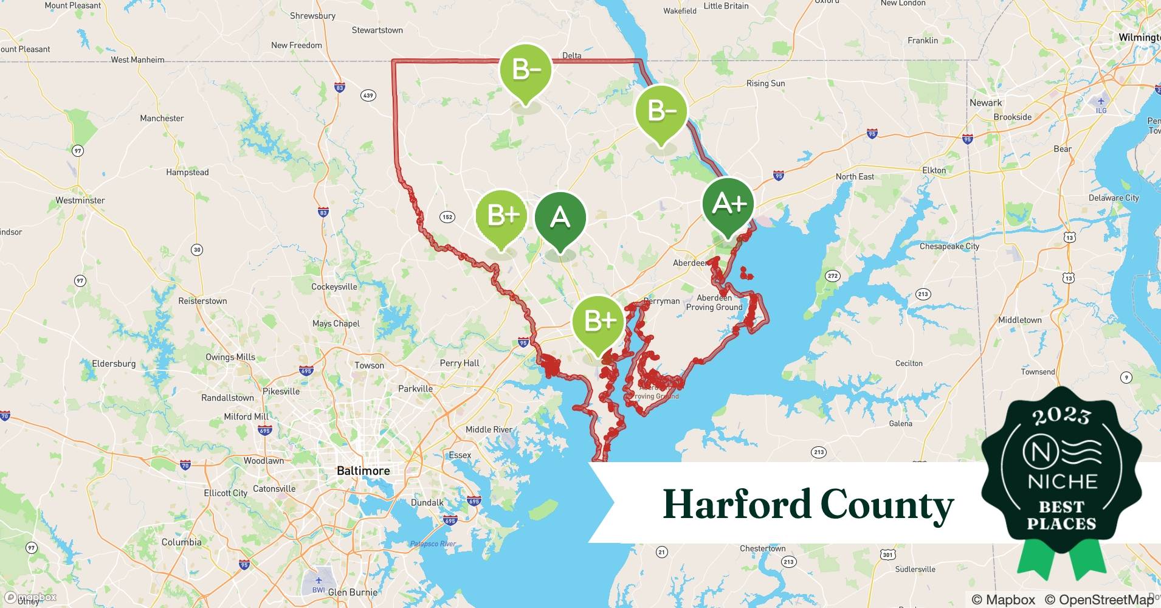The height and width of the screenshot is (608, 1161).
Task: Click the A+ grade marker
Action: (x=728, y=204)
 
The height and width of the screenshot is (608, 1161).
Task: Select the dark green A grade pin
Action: (x=560, y=217)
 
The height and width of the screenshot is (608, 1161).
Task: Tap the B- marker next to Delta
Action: (x=525, y=70)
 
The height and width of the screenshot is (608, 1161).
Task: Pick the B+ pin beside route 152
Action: (x=500, y=215)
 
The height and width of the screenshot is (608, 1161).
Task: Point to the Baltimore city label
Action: (x=363, y=471)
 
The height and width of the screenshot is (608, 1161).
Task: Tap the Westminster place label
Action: (x=80, y=200)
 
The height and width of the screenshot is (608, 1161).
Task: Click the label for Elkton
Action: (x=934, y=170)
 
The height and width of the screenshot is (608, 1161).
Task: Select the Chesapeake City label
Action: (x=949, y=246)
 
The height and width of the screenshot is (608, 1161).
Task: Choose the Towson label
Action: (x=369, y=365)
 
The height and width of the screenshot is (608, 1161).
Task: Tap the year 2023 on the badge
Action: (x=1061, y=416)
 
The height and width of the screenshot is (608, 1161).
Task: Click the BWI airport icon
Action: (x=318, y=579)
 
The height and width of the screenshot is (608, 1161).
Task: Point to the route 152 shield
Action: (x=447, y=217)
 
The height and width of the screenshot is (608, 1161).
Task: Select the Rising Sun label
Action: (x=765, y=83)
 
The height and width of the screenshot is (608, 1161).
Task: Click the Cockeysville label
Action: (x=334, y=286)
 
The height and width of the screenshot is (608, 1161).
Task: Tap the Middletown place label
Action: (x=1019, y=320)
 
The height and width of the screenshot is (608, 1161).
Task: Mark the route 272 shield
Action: (x=832, y=276)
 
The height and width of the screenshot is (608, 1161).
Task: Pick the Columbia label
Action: (x=181, y=542)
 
